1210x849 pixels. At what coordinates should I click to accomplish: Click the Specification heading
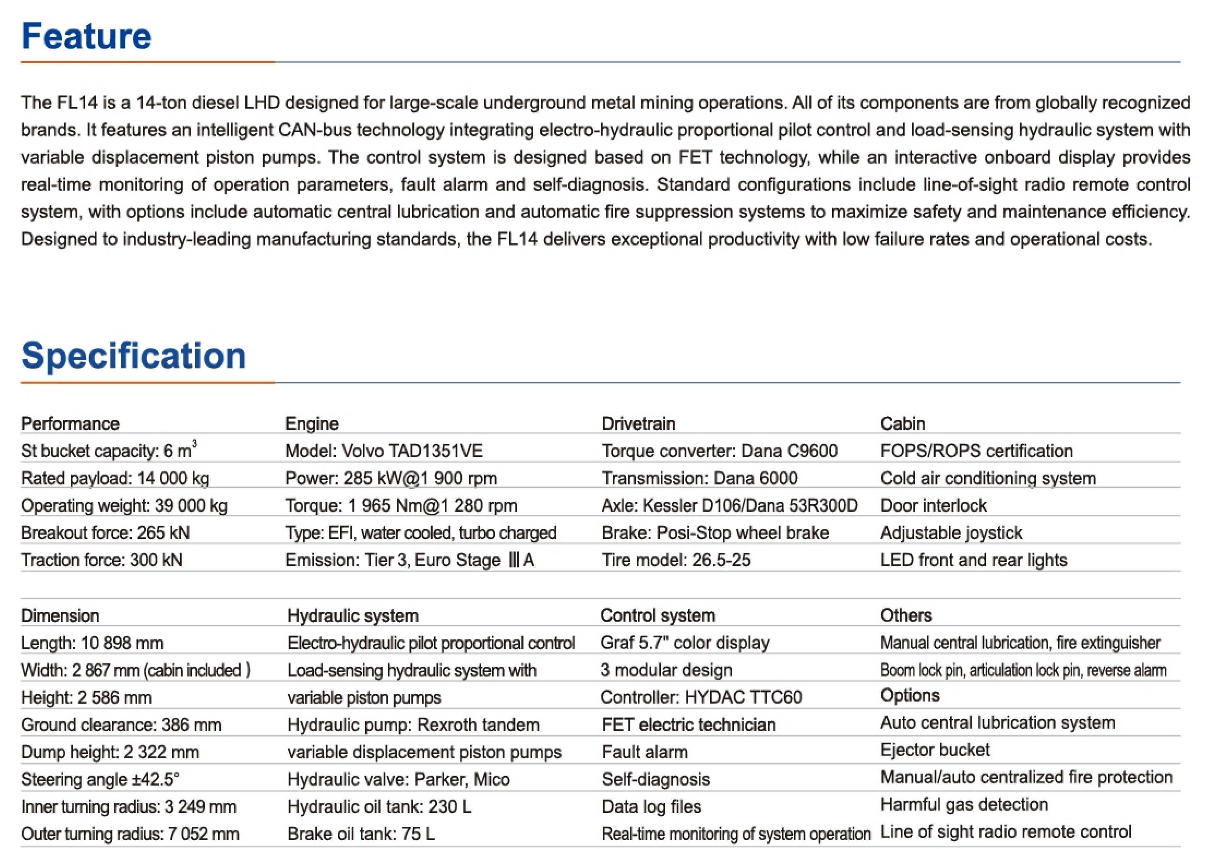coord(133,355)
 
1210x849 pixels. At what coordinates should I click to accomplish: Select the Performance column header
coord(70,424)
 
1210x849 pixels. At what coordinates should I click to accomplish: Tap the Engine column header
coord(312,424)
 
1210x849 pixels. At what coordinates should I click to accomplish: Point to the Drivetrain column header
coord(638,424)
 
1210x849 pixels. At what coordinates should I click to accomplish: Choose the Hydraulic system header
coord(353,616)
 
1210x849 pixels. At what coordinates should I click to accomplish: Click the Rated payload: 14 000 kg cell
coord(115,479)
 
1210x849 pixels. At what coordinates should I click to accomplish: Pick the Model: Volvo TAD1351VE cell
coord(383,451)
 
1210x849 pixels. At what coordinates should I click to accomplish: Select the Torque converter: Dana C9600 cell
coord(719,451)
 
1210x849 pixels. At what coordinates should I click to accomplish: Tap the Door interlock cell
coord(933,506)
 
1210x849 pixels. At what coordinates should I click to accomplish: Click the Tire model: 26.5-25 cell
coord(676,560)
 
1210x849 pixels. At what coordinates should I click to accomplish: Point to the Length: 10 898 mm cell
coord(92,643)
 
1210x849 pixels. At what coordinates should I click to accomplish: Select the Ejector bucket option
coord(935,750)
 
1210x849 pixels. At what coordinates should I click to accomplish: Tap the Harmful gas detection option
coord(964,805)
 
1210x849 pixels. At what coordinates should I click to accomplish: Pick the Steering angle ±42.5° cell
coord(100,779)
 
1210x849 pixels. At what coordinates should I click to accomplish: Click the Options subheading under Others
coord(910,696)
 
